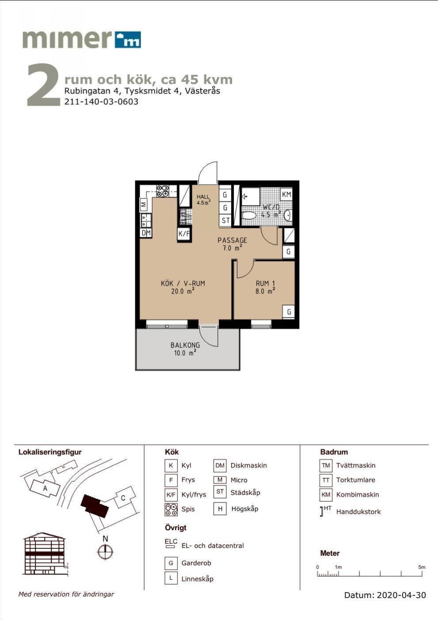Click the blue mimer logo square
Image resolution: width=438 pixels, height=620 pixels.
point(128,40)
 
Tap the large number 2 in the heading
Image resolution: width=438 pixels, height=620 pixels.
point(43,84)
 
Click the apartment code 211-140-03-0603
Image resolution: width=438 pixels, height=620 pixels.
point(101,102)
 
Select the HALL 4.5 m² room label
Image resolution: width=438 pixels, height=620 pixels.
point(203,200)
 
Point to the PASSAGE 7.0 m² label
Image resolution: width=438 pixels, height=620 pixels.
point(232,244)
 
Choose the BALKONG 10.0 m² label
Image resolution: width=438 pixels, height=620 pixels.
point(185,349)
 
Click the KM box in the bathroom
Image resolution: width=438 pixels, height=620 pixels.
point(286,194)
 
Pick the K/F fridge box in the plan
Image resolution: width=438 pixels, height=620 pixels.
point(184,234)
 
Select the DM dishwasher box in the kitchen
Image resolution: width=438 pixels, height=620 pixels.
point(146,233)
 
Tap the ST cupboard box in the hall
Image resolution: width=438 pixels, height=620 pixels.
point(225,221)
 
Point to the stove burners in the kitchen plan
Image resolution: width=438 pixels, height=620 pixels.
point(163,191)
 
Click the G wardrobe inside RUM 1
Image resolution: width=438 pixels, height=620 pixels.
point(289,312)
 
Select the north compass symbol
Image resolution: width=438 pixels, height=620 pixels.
point(105,551)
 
